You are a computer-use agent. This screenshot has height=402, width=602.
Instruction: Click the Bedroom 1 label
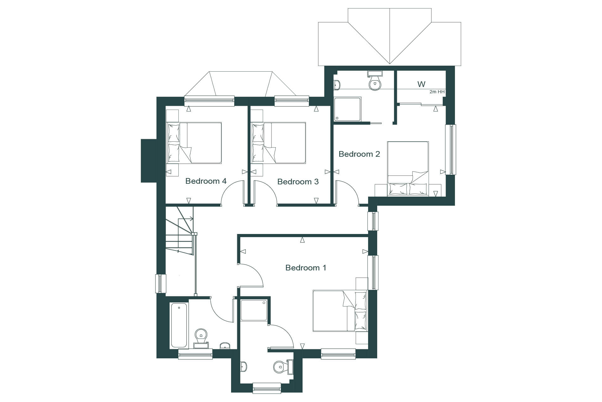tap(306, 268)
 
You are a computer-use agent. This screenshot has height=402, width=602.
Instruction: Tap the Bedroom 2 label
tap(359, 154)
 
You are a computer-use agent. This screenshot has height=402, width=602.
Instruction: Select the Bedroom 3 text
tap(298, 182)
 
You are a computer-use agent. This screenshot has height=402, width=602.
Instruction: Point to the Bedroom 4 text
tap(206, 181)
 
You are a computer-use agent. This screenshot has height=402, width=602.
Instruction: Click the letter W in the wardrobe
tap(421, 84)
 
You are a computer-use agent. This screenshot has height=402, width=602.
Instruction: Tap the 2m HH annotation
tap(437, 92)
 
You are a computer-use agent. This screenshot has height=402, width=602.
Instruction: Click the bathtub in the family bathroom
tap(179, 325)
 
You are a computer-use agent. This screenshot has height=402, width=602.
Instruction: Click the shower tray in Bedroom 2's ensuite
tap(348, 109)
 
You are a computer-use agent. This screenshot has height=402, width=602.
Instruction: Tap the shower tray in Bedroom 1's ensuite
tap(254, 311)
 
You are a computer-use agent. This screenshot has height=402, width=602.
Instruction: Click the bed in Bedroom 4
tap(194, 143)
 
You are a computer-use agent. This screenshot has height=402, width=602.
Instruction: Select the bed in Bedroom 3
tap(279, 143)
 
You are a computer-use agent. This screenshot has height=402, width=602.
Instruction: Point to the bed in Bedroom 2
tap(408, 169)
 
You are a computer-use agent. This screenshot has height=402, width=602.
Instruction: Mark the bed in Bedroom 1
tap(340, 311)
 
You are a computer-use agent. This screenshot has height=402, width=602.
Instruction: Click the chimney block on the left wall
tap(149, 160)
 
